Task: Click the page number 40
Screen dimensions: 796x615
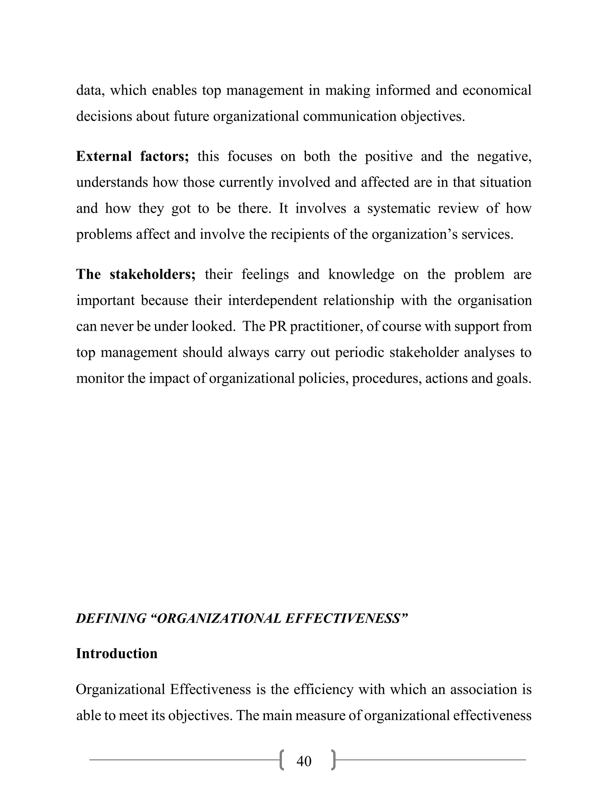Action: click(x=304, y=761)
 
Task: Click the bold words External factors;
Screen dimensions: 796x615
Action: click(x=132, y=156)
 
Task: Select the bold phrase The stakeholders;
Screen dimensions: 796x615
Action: click(x=135, y=274)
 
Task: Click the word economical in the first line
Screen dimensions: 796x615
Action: click(x=497, y=90)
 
